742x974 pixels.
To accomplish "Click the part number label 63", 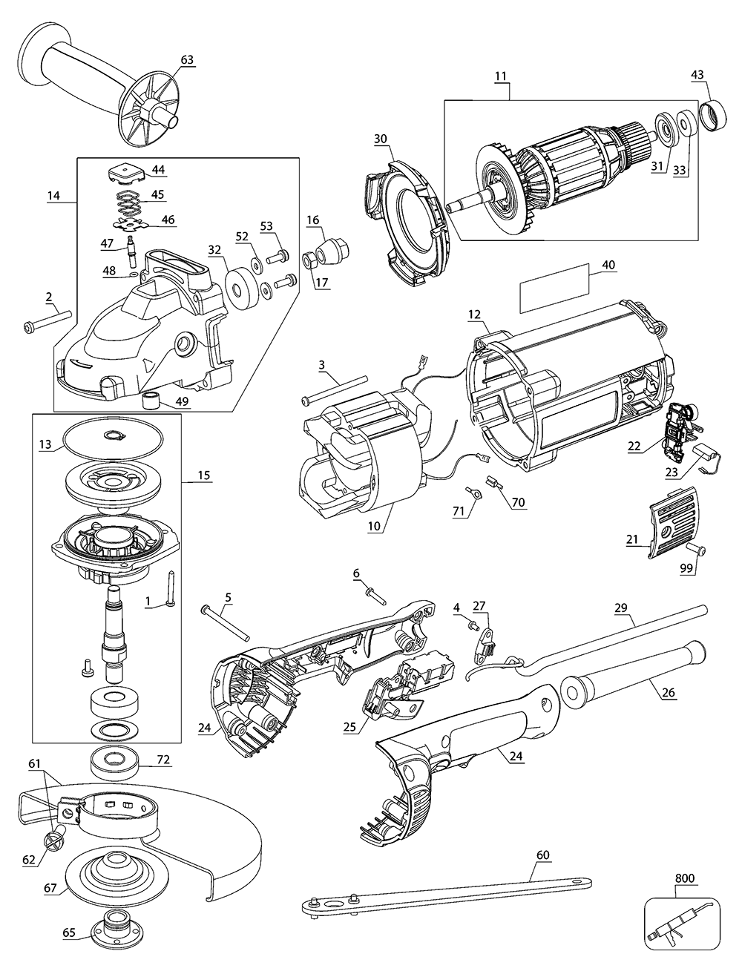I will click(x=186, y=59).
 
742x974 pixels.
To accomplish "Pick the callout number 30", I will click(x=381, y=139).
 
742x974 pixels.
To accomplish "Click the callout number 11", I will click(x=502, y=76).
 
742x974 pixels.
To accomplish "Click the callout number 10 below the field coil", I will click(x=374, y=525).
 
